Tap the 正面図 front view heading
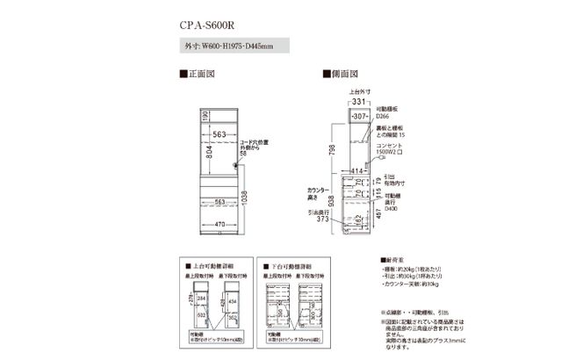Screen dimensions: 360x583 (x=198, y=76)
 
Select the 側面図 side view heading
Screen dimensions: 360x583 (x=343, y=76)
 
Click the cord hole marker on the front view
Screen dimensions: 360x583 (x=235, y=165)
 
